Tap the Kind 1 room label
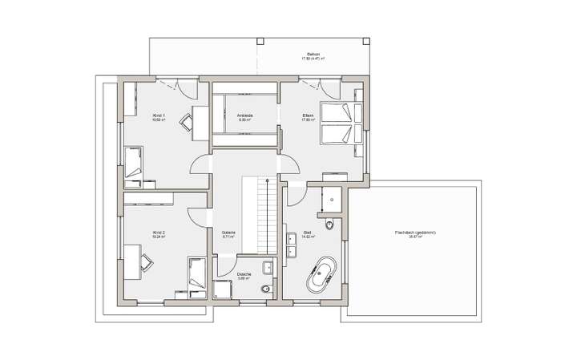click(159, 117)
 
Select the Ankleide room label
click(244, 117)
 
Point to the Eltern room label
click(307, 117)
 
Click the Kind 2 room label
click(159, 234)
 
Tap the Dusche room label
click(244, 276)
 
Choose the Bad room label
click(307, 234)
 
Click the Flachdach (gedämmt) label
click(415, 234)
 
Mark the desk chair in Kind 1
click(187, 122)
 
